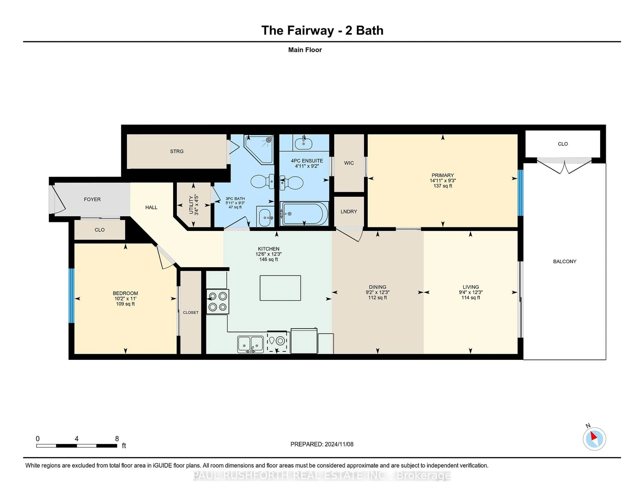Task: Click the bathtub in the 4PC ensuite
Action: click(304, 214)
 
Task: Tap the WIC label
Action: click(349, 163)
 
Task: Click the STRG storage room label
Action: click(177, 151)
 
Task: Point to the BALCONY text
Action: click(564, 261)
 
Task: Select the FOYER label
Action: click(92, 200)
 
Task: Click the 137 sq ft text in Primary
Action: click(443, 186)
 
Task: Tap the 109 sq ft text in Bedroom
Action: click(125, 304)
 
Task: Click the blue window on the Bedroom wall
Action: click(71, 296)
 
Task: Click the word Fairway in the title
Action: click(310, 31)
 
